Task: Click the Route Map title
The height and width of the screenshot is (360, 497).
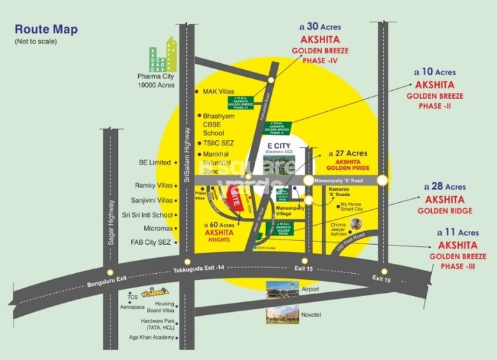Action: [46, 29]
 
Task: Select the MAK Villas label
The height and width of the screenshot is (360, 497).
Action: [219, 91]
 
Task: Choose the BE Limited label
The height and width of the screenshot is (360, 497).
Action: [155, 162]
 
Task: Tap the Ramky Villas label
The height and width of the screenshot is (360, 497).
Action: [153, 186]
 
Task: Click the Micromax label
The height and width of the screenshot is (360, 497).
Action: [158, 228]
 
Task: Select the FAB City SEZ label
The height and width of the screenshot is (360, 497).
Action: [152, 243]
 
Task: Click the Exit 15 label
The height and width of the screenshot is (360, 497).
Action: [303, 269]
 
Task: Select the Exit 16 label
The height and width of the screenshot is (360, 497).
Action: [381, 278]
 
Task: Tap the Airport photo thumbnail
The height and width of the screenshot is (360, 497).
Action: [282, 289]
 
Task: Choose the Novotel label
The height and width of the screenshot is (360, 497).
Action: [312, 314]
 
